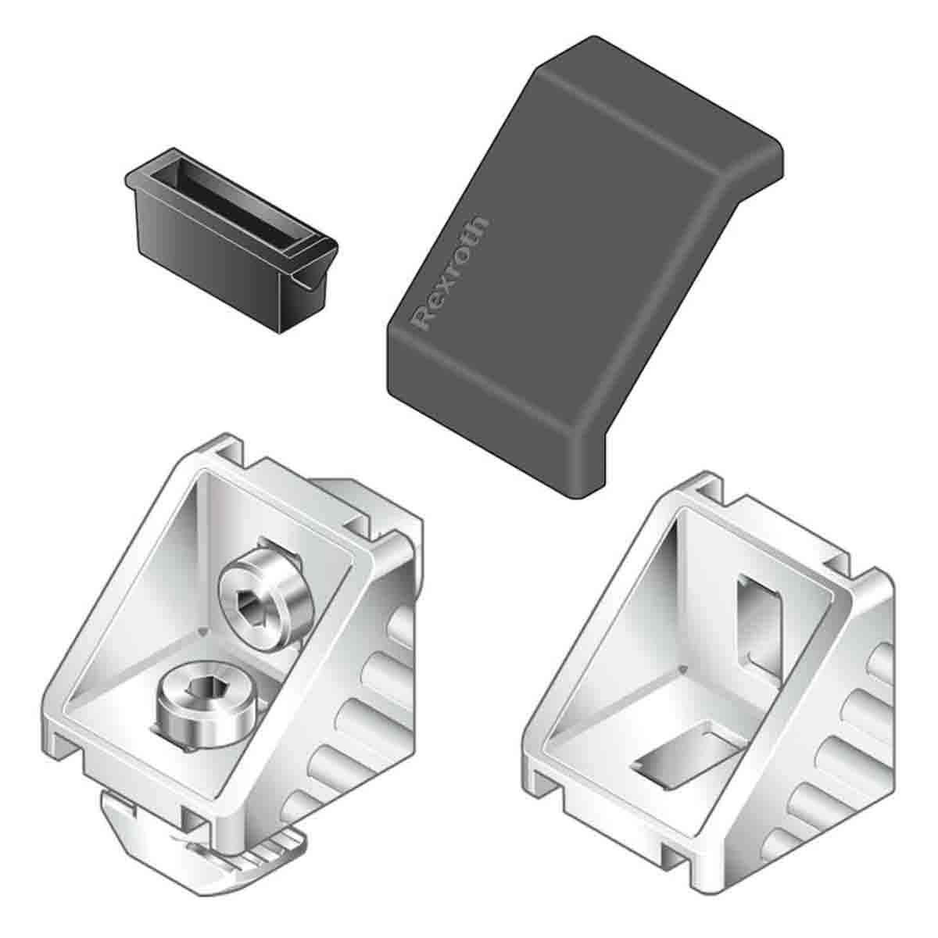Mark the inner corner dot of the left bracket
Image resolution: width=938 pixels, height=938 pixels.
(x=204, y=628)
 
